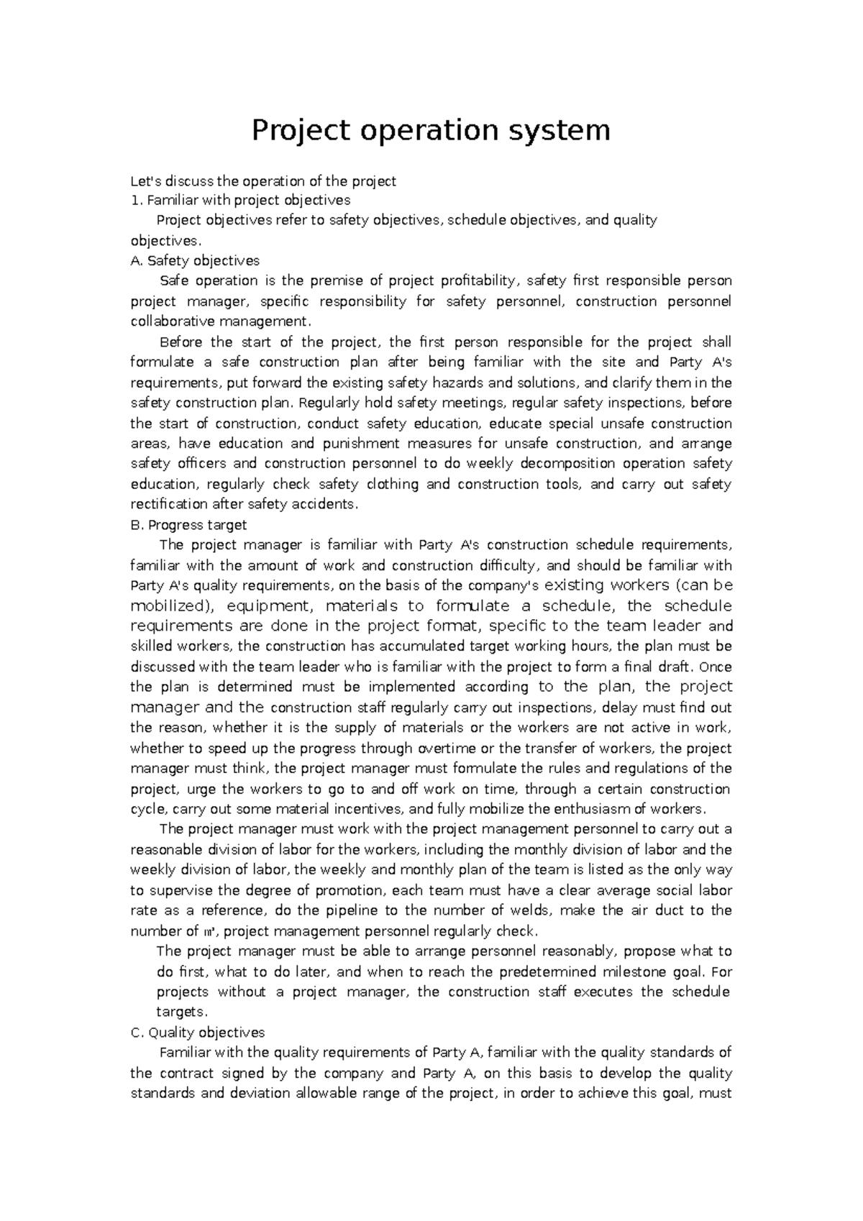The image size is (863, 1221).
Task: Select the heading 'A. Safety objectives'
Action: point(195,260)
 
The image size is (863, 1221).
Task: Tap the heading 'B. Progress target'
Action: point(188,525)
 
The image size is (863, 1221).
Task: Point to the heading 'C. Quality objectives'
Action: point(198,1033)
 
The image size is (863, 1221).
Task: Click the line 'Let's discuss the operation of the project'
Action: point(263,181)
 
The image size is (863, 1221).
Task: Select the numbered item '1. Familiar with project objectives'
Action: point(240,200)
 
